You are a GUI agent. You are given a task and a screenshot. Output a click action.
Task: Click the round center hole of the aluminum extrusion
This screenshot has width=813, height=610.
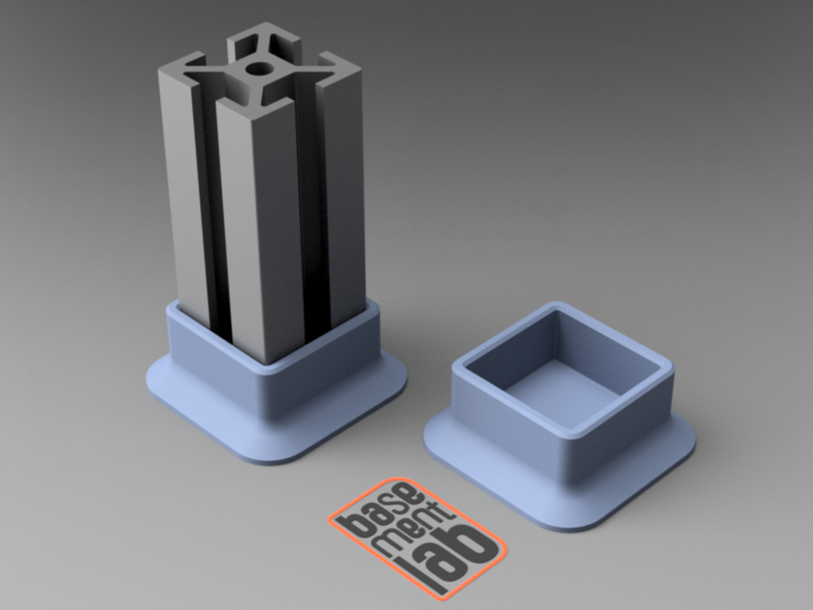coord(258,68)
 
